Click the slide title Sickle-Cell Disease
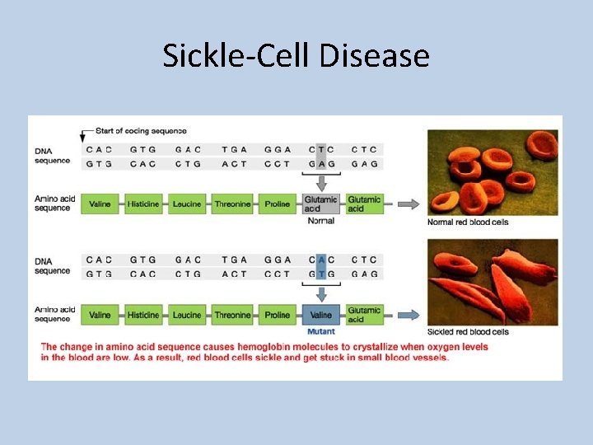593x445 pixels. point(296,56)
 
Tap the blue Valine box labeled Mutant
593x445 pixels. point(320,315)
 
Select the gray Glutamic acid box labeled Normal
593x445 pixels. point(320,204)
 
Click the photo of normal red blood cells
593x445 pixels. point(492,172)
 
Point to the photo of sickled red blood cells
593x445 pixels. point(492,282)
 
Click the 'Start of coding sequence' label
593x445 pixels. point(141,131)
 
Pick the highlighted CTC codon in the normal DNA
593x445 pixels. point(320,149)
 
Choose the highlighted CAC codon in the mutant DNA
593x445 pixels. point(320,260)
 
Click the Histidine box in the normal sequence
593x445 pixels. point(144,204)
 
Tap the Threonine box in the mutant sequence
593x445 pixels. point(232,315)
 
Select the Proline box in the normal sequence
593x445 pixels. point(278,204)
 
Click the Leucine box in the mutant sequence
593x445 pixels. point(188,315)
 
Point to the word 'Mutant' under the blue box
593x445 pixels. point(320,331)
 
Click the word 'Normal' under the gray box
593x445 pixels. point(320,221)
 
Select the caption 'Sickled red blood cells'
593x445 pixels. point(469,332)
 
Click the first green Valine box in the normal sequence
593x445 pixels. point(100,204)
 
